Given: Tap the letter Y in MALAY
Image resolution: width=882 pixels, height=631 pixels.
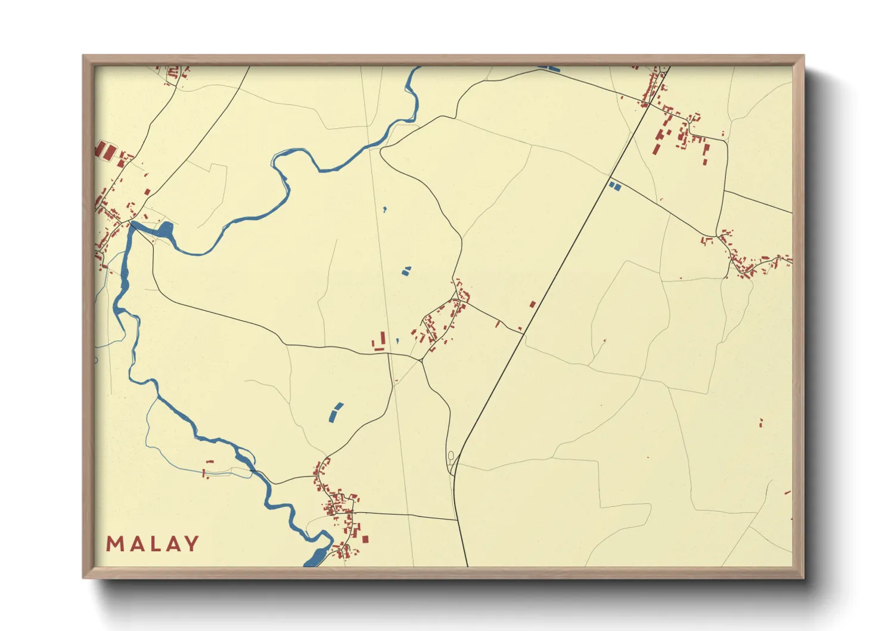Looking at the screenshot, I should (191, 544).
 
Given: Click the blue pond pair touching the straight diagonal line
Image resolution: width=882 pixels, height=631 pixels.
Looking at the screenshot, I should (615, 187).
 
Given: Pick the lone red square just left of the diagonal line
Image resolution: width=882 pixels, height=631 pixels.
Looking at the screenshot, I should (533, 304).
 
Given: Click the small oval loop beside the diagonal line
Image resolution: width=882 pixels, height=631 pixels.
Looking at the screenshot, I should (451, 456).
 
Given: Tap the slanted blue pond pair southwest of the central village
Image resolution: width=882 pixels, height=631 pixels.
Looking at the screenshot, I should (336, 412).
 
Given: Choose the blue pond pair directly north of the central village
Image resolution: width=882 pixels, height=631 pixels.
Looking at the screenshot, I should (406, 271).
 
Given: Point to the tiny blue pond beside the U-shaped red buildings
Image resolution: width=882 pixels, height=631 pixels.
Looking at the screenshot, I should (397, 341).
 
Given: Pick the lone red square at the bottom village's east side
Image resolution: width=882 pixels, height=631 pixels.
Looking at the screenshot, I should (365, 539).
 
